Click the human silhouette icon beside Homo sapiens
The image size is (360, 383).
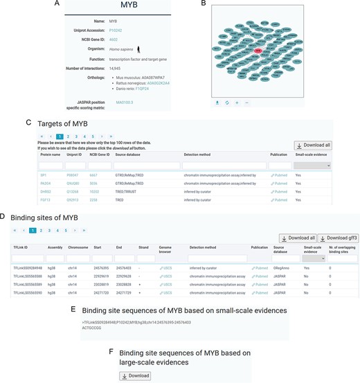tap(138, 50)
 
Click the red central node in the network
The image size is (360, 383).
tap(258, 51)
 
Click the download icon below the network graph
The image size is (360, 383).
tap(218, 103)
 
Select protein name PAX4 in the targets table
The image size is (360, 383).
tap(46, 184)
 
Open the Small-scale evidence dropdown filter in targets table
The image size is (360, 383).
tap(312, 166)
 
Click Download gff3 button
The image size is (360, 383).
tap(338, 238)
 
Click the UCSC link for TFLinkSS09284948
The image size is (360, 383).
tap(166, 267)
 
